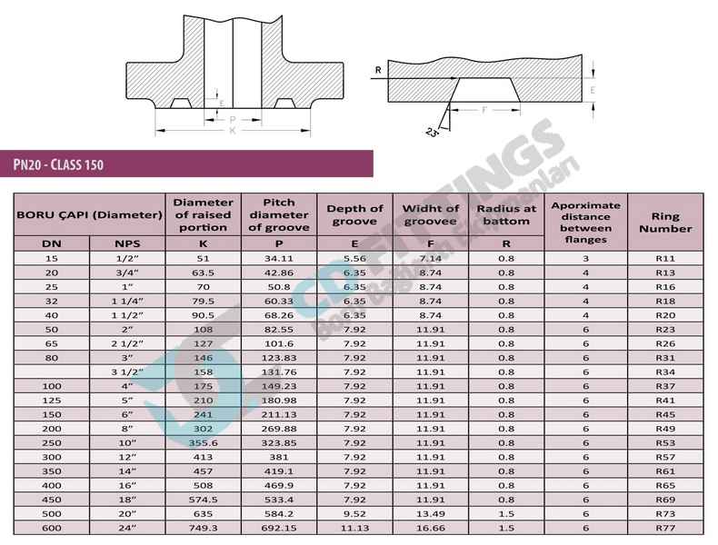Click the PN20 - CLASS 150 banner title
58,164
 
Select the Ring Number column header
665,223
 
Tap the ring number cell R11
665,259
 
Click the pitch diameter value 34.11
278,259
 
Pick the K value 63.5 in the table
203,272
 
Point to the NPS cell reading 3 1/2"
127,372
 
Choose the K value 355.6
203,443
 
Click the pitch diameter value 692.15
278,528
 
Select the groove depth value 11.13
354,528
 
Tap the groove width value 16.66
431,528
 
